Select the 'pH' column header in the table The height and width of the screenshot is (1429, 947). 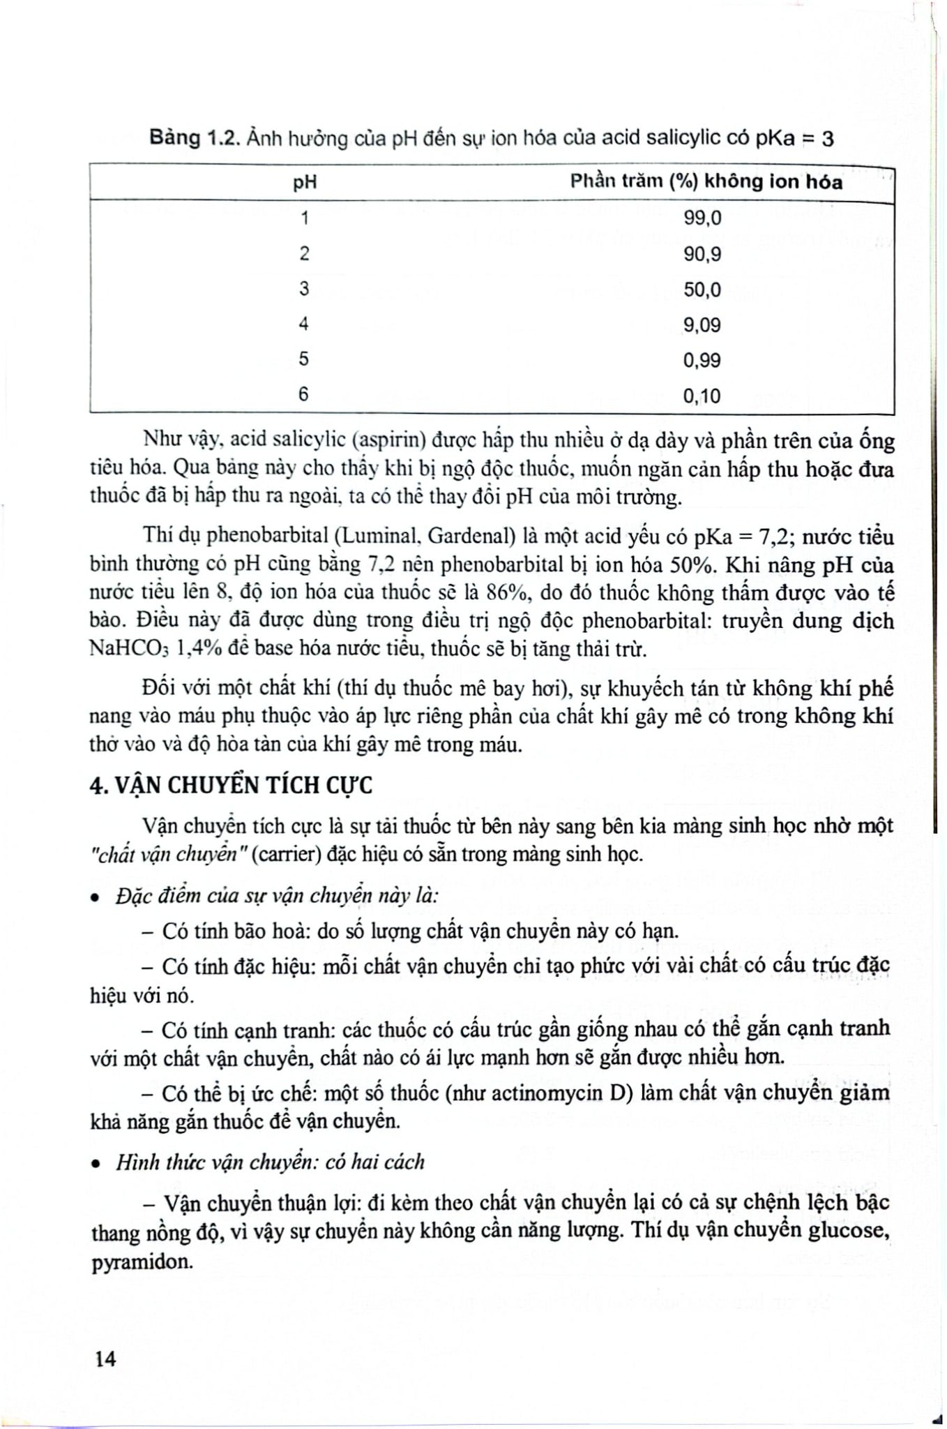click(305, 183)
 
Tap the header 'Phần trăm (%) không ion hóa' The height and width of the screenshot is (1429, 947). click(706, 182)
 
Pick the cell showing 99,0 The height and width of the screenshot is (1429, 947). click(702, 218)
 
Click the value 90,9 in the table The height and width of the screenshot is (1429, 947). click(702, 254)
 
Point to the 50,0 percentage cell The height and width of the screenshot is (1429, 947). click(702, 290)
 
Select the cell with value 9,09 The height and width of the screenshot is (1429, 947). click(702, 325)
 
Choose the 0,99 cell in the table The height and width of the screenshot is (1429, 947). click(702, 361)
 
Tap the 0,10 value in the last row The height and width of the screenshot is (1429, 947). click(702, 396)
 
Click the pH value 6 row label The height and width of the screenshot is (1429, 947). click(304, 394)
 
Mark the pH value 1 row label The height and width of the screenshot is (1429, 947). click(304, 218)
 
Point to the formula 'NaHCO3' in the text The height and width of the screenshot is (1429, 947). click(130, 650)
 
